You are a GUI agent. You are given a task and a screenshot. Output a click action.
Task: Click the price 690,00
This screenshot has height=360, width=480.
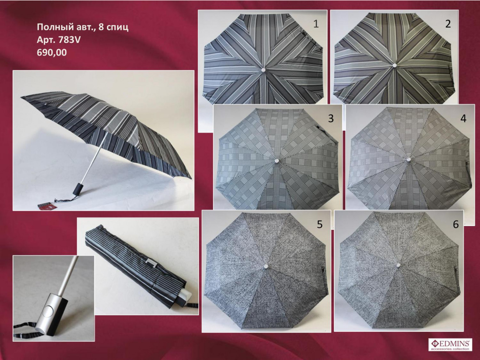click(x=52, y=53)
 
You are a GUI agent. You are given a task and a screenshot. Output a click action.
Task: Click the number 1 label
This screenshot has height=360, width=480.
click(x=316, y=24)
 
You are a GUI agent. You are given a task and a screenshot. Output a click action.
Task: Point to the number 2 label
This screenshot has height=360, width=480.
click(x=448, y=24)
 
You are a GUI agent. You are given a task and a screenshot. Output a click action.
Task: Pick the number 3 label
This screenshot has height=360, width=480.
click(x=331, y=118)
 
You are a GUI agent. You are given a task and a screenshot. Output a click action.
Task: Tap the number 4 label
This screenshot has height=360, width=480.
click(x=463, y=118)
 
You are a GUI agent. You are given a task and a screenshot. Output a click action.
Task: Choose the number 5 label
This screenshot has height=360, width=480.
click(x=320, y=224)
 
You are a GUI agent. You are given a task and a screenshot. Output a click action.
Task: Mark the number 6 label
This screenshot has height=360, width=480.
click(x=456, y=224)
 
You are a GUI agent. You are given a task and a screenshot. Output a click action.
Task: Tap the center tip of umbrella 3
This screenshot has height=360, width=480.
click(x=276, y=161)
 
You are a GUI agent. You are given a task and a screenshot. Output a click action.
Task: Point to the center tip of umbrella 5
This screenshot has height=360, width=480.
click(x=266, y=266)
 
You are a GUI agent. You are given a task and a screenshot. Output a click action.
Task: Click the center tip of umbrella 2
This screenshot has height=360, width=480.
click(x=395, y=65)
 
